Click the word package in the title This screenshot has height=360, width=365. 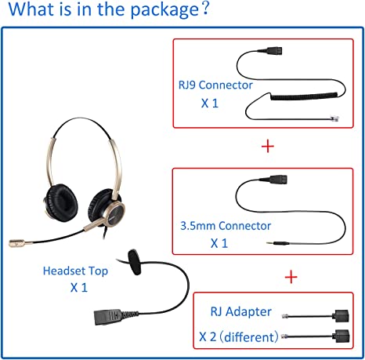164,10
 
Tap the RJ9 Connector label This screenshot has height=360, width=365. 215,85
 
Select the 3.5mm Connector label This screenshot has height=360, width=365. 226,226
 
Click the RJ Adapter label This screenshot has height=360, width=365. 241,311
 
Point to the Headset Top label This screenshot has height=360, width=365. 75,271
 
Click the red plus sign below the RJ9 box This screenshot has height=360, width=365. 268,147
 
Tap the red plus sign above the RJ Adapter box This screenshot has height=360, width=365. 291,277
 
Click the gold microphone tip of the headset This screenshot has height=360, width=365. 17,243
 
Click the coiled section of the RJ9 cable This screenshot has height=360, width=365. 305,96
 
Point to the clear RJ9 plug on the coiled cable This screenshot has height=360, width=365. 334,118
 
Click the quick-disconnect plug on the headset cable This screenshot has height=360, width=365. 107,317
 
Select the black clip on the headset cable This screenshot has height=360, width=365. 135,262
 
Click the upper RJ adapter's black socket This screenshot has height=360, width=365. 341,316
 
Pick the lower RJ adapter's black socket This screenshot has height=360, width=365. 342,336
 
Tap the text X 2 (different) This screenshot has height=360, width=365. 239,337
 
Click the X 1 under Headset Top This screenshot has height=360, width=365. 79,288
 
